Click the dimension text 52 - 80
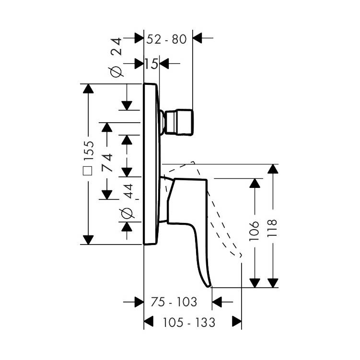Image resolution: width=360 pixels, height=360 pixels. pyautogui.click(x=166, y=39)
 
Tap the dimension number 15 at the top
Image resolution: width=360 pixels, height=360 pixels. pyautogui.click(x=151, y=63)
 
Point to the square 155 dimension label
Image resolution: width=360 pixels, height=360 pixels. pyautogui.click(x=89, y=160)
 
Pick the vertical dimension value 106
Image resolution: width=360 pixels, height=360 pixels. pyautogui.click(x=255, y=230)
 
